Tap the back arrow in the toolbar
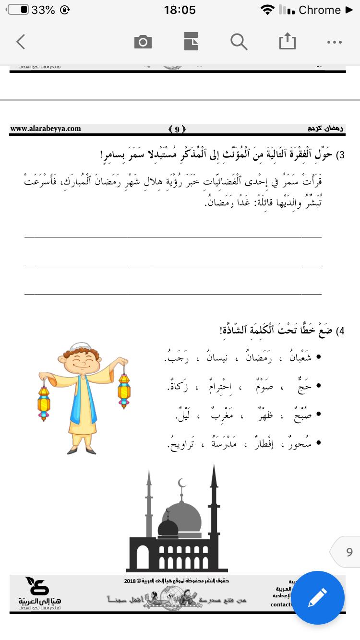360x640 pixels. point(21,42)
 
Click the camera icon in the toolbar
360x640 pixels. point(143,42)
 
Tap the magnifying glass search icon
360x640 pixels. point(238,42)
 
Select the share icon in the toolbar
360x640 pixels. point(288,42)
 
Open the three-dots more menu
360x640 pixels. point(334,42)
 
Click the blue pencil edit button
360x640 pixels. point(318,598)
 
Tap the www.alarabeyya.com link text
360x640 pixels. point(46,129)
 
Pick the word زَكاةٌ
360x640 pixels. point(178,386)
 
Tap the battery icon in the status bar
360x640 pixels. point(18,10)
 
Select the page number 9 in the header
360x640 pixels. point(177,129)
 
